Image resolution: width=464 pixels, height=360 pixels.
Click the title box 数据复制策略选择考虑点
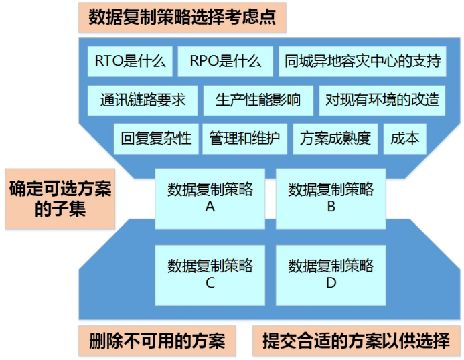[x=182, y=17]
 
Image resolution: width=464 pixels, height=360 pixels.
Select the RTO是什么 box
[x=130, y=62]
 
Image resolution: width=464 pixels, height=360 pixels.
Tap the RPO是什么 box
[x=225, y=62]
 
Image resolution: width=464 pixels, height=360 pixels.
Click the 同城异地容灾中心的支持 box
[x=362, y=62]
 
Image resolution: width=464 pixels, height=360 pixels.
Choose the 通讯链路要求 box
[x=143, y=100]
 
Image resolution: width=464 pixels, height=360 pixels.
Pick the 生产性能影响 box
[x=258, y=100]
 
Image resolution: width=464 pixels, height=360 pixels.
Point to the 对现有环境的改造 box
[x=382, y=100]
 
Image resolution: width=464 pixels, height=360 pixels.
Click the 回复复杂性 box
[x=156, y=139]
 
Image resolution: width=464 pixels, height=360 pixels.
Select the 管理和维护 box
[x=245, y=139]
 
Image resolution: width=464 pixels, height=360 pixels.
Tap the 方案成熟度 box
[x=335, y=139]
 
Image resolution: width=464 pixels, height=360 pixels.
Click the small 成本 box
[x=405, y=139]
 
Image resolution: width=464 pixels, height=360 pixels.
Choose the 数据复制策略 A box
[x=210, y=199]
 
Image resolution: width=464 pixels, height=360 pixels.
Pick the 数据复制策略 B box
[x=331, y=199]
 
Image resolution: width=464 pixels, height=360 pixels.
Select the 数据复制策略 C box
[x=210, y=275]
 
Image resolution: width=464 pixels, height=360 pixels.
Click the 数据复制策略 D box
[x=331, y=275]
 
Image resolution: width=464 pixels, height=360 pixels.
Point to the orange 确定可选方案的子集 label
[x=60, y=199]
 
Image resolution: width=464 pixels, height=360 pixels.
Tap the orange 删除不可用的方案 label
[x=157, y=341]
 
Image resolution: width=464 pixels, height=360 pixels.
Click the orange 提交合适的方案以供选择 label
[x=356, y=341]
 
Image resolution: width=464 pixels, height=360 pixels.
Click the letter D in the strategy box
[x=331, y=283]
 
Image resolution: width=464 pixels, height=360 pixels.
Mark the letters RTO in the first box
[x=108, y=61]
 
